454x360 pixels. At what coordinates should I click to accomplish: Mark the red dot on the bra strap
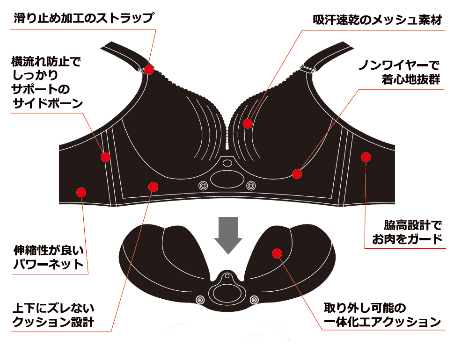[149, 70]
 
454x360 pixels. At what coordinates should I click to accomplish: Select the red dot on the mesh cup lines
[248, 123]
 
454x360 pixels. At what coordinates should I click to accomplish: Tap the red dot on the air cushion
[277, 253]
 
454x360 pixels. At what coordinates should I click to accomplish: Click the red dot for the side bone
[105, 157]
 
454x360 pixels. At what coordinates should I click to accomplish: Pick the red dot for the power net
[81, 192]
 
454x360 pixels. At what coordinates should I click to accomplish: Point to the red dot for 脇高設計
[366, 157]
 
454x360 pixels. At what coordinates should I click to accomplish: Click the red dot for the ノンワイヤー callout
[297, 174]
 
